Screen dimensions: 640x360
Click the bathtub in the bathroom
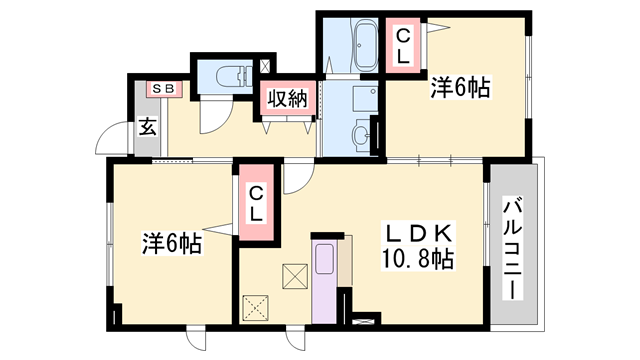[365, 45]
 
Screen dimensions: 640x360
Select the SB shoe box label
[164, 89]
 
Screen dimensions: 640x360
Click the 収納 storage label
[288, 98]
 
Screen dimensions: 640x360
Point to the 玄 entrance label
[147, 127]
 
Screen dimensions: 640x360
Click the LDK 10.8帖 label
[418, 246]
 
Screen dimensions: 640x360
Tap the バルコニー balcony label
[513, 248]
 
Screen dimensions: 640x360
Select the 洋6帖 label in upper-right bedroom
[460, 87]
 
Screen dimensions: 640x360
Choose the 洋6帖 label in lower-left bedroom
[171, 244]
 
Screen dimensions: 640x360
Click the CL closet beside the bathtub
[403, 46]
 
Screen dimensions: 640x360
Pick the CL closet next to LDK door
[256, 202]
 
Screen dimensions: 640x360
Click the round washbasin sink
[362, 133]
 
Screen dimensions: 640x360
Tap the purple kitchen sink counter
[324, 282]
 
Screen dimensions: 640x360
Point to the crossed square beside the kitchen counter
[295, 276]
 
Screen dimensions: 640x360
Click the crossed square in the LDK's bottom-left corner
[256, 308]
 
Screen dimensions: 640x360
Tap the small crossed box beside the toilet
[265, 66]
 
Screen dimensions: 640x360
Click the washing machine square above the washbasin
[366, 98]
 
